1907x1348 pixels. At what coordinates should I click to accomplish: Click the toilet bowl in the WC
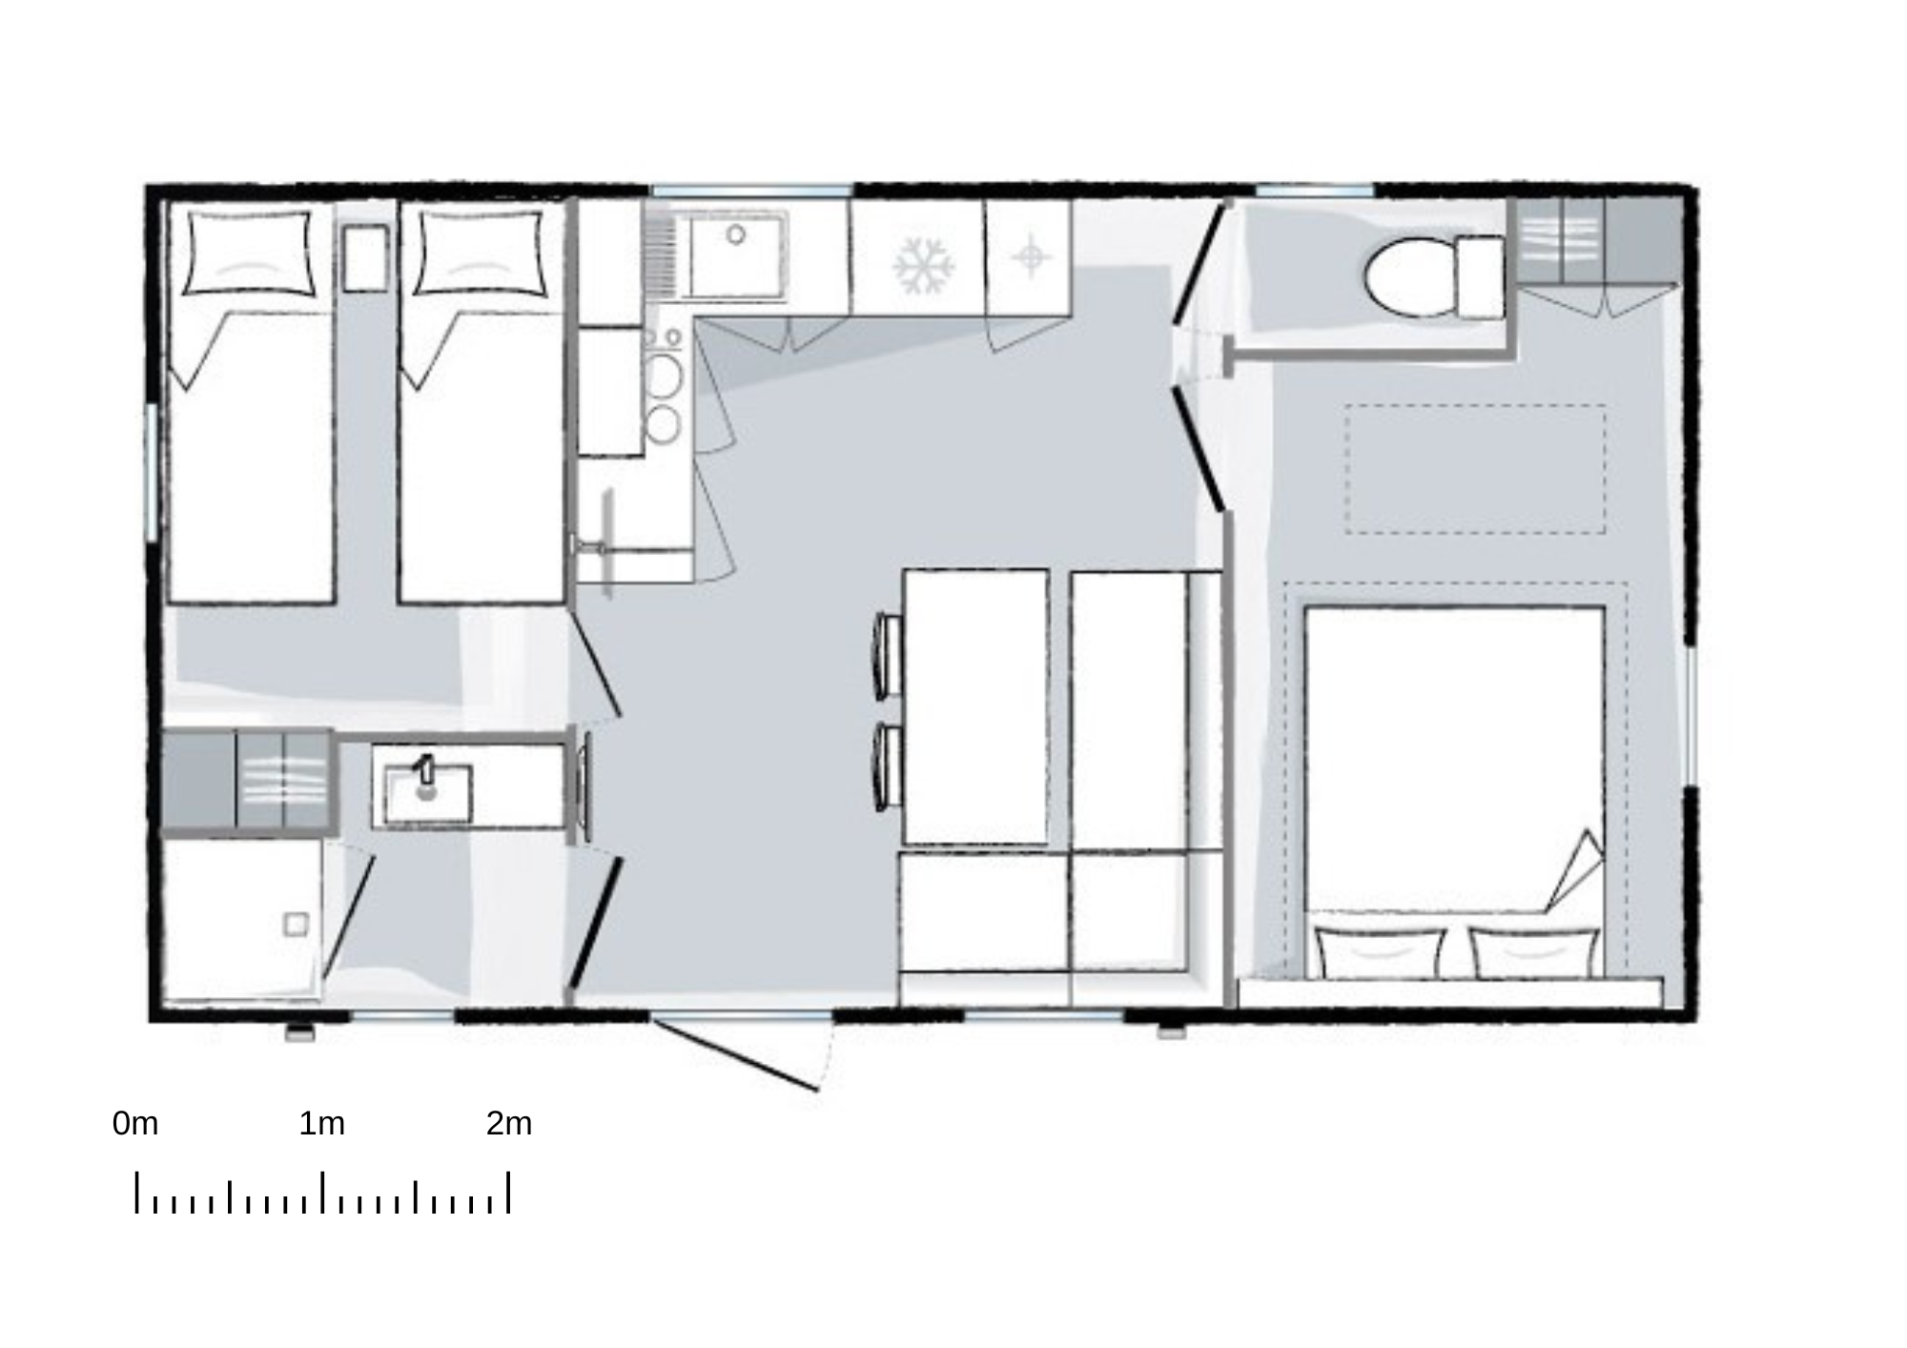1409,277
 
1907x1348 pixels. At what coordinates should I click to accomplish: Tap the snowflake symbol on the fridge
923,265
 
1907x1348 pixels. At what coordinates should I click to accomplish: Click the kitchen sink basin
736,255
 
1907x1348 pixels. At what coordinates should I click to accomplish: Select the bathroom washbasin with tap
428,793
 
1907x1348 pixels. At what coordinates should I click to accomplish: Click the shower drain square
296,924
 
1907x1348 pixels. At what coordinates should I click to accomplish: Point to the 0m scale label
135,1124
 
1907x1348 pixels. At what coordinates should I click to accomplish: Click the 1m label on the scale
322,1124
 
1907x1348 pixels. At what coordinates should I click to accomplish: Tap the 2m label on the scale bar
509,1124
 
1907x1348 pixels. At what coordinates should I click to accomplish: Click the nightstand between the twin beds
365,257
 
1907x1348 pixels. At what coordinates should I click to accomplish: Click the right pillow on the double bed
1533,952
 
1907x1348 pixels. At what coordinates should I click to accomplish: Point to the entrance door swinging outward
736,1054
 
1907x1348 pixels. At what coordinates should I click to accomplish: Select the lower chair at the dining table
889,767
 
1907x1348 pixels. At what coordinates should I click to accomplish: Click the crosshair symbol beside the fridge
1030,256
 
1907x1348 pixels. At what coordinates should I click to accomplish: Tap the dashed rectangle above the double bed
1475,469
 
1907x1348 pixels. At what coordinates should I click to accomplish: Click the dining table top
975,706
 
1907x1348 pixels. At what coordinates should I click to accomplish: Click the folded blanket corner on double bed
1575,871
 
